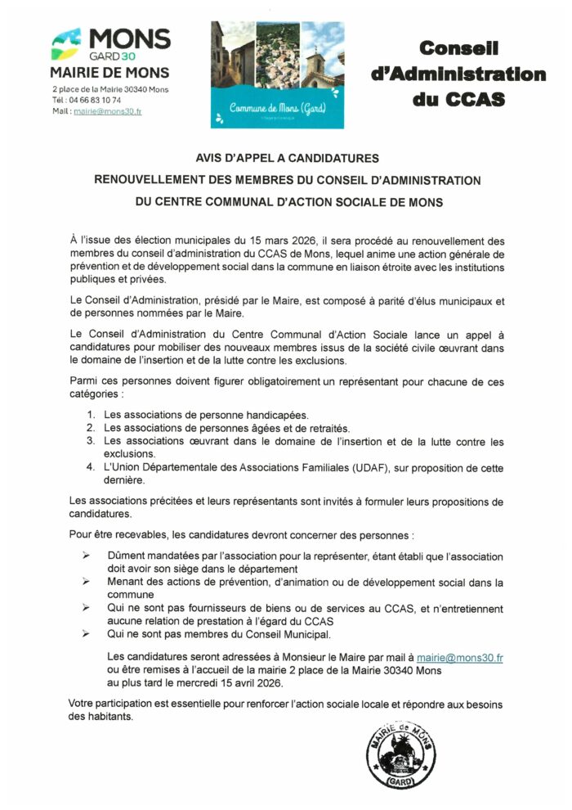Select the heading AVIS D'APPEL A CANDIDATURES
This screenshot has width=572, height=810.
tap(287, 159)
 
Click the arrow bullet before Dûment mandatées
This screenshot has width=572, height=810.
tap(87, 556)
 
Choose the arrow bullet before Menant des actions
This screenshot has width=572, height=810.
tap(87, 582)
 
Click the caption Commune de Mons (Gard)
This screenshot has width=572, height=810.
tap(264, 108)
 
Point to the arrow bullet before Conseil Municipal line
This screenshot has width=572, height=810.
tap(87, 634)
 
